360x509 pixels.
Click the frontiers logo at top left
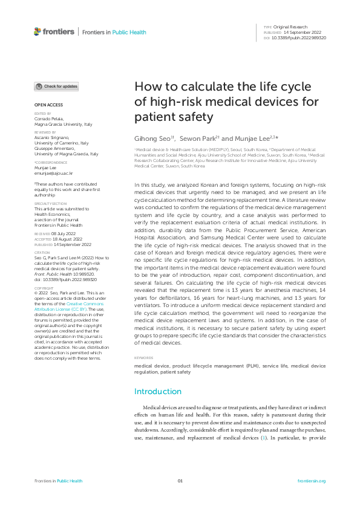tap(54, 31)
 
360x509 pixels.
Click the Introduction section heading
tap(157, 391)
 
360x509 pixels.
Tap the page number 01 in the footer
tap(180, 481)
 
